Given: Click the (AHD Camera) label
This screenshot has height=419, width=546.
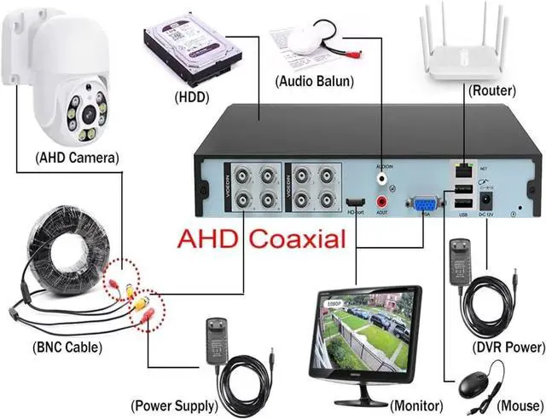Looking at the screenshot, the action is click(76, 158).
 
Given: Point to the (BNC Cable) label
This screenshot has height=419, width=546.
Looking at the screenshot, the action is click(67, 347).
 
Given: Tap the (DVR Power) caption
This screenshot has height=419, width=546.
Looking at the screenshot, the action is click(508, 347).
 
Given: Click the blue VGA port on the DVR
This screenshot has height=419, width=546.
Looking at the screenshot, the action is click(424, 203).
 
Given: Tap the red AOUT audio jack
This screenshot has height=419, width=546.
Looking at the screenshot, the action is click(383, 202).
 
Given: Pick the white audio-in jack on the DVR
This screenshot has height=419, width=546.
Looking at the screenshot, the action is click(383, 180).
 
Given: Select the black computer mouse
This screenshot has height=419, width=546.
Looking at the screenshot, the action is click(477, 386).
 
